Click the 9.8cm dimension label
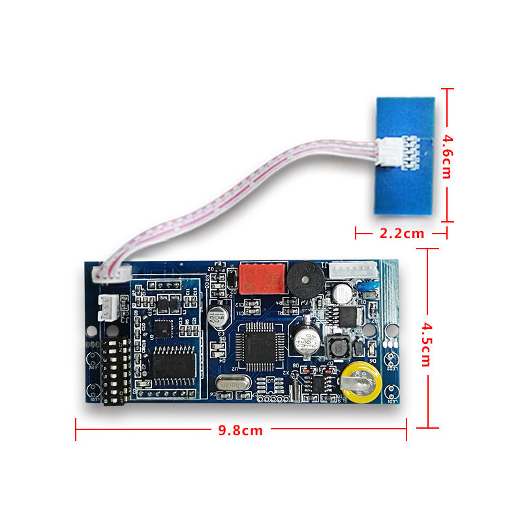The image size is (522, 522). tap(239, 431)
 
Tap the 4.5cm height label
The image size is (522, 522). tap(425, 344)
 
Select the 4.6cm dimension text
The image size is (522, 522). tap(448, 157)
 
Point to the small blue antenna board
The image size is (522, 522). tap(404, 155)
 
